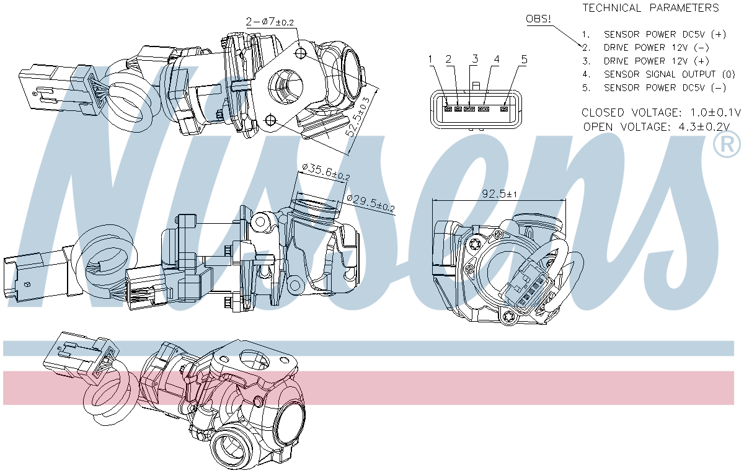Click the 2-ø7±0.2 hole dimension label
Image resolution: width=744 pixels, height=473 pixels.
[270, 22]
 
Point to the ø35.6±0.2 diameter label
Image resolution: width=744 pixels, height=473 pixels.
[326, 172]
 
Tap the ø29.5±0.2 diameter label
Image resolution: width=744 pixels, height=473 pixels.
[371, 202]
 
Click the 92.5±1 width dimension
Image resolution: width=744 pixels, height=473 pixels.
[499, 193]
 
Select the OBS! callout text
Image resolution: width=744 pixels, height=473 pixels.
[538, 19]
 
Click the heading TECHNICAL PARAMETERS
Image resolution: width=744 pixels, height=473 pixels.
[650, 7]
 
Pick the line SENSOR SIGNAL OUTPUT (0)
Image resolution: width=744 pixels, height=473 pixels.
[658, 74]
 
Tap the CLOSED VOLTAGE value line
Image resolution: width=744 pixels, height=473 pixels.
[661, 113]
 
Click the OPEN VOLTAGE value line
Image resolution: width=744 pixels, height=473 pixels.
[657, 127]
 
